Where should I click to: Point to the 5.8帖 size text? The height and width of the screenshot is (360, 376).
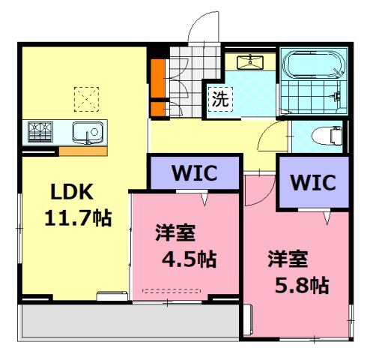[x=300, y=285]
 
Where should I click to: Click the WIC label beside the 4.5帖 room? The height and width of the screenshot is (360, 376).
[x=194, y=173]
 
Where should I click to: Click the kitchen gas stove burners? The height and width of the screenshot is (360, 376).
[x=41, y=131]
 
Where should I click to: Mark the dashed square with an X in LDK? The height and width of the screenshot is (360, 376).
[x=85, y=97]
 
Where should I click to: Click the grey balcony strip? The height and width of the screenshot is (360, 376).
[x=127, y=321]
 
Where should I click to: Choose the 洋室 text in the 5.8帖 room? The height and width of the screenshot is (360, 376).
[x=288, y=259]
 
